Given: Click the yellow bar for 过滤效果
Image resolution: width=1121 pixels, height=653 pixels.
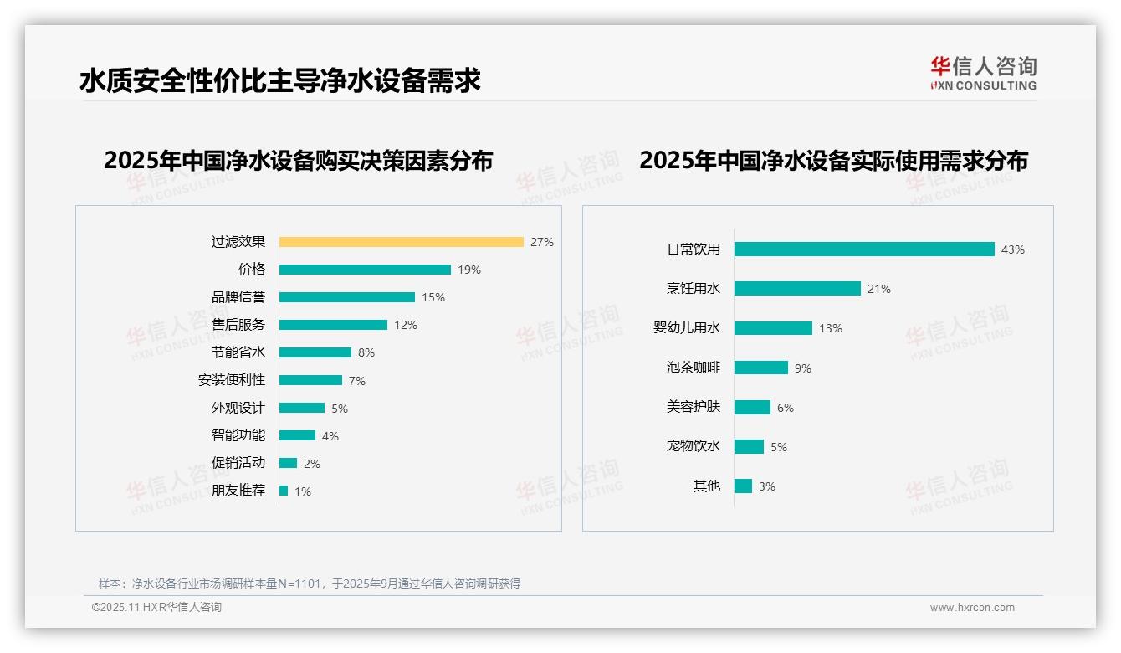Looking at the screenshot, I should pos(401,242).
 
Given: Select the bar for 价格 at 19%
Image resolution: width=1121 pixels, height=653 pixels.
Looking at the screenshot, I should pos(365,270).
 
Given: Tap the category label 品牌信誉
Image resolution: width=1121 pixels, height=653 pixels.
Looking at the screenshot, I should pos(238,297).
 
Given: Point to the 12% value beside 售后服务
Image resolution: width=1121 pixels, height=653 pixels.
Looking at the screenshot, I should pos(406,325).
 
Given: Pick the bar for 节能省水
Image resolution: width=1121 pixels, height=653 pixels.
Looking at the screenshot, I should pos(315,352).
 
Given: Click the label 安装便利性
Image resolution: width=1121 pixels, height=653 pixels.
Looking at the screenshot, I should pos(231,380).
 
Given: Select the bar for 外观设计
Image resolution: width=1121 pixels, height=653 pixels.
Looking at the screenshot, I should pos(302,408).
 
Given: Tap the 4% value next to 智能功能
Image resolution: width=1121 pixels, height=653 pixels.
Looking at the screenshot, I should pos(330,436).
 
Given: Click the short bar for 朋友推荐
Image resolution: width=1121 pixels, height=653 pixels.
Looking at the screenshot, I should pos(284,491).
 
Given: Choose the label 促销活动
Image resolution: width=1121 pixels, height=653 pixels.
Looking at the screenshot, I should pos(238,463).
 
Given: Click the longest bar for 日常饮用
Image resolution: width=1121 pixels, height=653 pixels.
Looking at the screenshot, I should pos(864,249).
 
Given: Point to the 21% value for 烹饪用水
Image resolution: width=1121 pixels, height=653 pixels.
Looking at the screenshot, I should pos(878,289).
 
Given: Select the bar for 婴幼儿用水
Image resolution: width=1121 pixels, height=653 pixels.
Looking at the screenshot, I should pos(773,328).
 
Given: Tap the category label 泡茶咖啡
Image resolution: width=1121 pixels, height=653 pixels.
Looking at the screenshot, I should pos(693,368).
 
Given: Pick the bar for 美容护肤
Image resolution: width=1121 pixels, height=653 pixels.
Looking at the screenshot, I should pos(752,407).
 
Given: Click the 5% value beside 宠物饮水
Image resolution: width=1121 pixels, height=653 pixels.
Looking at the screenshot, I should pos(778,447).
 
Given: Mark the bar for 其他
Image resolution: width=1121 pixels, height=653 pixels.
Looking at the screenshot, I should pos(743,486).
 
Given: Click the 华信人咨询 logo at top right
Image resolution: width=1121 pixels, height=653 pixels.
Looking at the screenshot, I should pos(983,74).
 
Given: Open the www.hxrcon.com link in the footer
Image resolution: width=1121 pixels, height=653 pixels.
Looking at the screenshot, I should pos(971,608).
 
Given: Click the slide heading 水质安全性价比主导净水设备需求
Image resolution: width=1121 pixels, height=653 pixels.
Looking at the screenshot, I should pos(279,80).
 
